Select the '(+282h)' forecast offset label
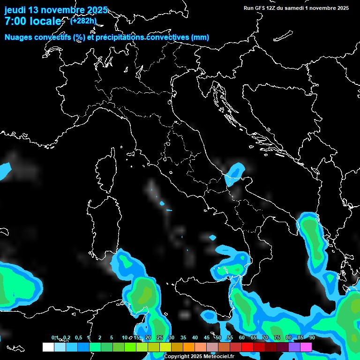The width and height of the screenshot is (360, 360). [x=83, y=21]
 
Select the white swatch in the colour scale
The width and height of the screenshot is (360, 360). [x=48, y=347]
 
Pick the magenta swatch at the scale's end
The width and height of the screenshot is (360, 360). [x=306, y=347]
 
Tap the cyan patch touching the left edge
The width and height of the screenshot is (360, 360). [x=4, y=171]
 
